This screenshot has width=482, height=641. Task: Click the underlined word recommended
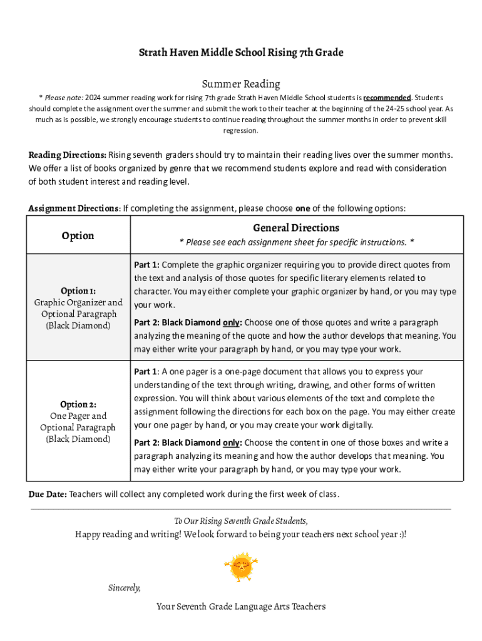pos(386,98)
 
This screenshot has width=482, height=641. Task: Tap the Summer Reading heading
pos(241,84)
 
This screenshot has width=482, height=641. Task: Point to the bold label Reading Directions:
pos(68,155)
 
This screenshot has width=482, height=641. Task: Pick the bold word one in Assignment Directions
pos(303,208)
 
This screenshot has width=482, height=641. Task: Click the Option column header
pos(78,235)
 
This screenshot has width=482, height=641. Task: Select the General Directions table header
pos(296,228)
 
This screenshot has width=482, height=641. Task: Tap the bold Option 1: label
pos(78,291)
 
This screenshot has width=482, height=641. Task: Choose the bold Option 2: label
pos(78,404)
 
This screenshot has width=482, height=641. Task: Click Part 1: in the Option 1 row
pos(146,265)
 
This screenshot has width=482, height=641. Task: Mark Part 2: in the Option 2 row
pos(146,443)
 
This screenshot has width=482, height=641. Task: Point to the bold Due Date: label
pos(48,494)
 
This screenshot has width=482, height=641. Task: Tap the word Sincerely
pos(125,588)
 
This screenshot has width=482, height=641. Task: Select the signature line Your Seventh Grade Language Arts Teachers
pos(241,606)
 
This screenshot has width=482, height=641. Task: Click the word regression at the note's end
pos(241,131)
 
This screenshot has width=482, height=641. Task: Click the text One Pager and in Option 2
pos(78,416)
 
